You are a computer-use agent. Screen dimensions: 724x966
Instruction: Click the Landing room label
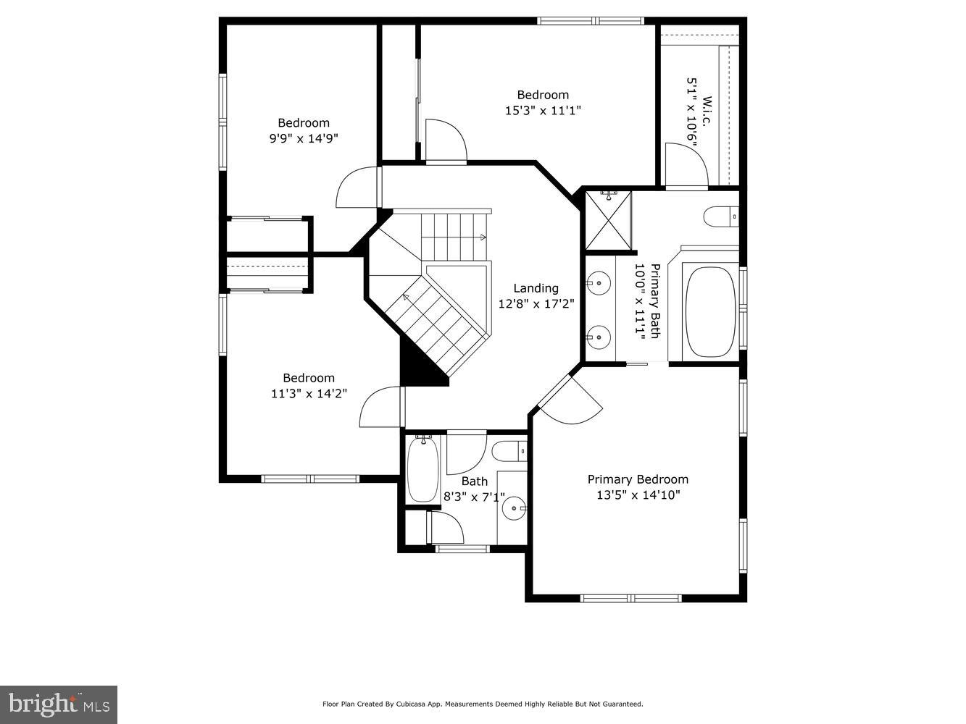536,288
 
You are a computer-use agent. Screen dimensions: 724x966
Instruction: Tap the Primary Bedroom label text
637,479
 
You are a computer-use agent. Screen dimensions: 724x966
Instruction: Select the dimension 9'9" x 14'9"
304,138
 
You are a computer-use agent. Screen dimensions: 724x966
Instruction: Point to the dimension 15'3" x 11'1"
543,110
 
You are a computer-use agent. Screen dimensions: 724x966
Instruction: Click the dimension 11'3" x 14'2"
308,394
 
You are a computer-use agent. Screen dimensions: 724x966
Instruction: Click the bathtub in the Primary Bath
710,312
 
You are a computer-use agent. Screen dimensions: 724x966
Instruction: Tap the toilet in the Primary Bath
720,216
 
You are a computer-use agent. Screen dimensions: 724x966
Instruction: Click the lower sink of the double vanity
599,336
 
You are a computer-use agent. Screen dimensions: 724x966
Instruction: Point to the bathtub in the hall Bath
421,468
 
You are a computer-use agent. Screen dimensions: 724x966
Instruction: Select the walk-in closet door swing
685,165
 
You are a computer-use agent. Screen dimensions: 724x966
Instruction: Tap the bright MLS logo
59,704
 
